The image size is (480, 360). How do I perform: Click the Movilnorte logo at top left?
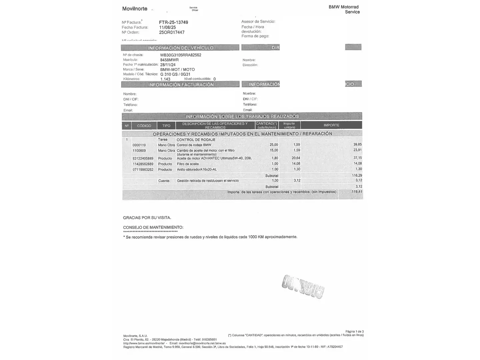tap(135, 9)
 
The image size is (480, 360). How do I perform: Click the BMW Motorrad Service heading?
tap(344, 9)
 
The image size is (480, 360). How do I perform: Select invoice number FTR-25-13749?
tap(173, 22)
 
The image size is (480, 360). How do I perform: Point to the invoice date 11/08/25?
tap(167, 27)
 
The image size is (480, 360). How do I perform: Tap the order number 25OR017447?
tap(172, 32)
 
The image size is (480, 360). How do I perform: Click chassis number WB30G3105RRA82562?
tap(181, 55)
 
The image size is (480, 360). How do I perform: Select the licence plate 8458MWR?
tap(169, 60)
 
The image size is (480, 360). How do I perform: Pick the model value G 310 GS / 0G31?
tap(175, 74)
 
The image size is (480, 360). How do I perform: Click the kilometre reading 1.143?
tap(165, 79)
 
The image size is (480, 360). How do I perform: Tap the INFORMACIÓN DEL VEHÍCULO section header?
tap(180, 48)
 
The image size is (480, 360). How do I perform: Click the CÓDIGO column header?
tap(144, 126)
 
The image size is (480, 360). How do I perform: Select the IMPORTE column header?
tap(331, 125)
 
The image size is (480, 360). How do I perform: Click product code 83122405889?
tap(143, 158)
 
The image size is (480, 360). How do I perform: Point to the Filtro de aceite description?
tap(188, 164)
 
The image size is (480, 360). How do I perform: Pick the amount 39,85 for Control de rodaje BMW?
tap(357, 145)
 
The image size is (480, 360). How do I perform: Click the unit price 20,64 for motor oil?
tap(296, 158)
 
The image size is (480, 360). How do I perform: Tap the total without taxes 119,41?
tap(357, 192)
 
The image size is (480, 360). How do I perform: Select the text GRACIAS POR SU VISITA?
tap(147, 218)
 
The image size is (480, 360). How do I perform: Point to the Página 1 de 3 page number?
tap(354, 331)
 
